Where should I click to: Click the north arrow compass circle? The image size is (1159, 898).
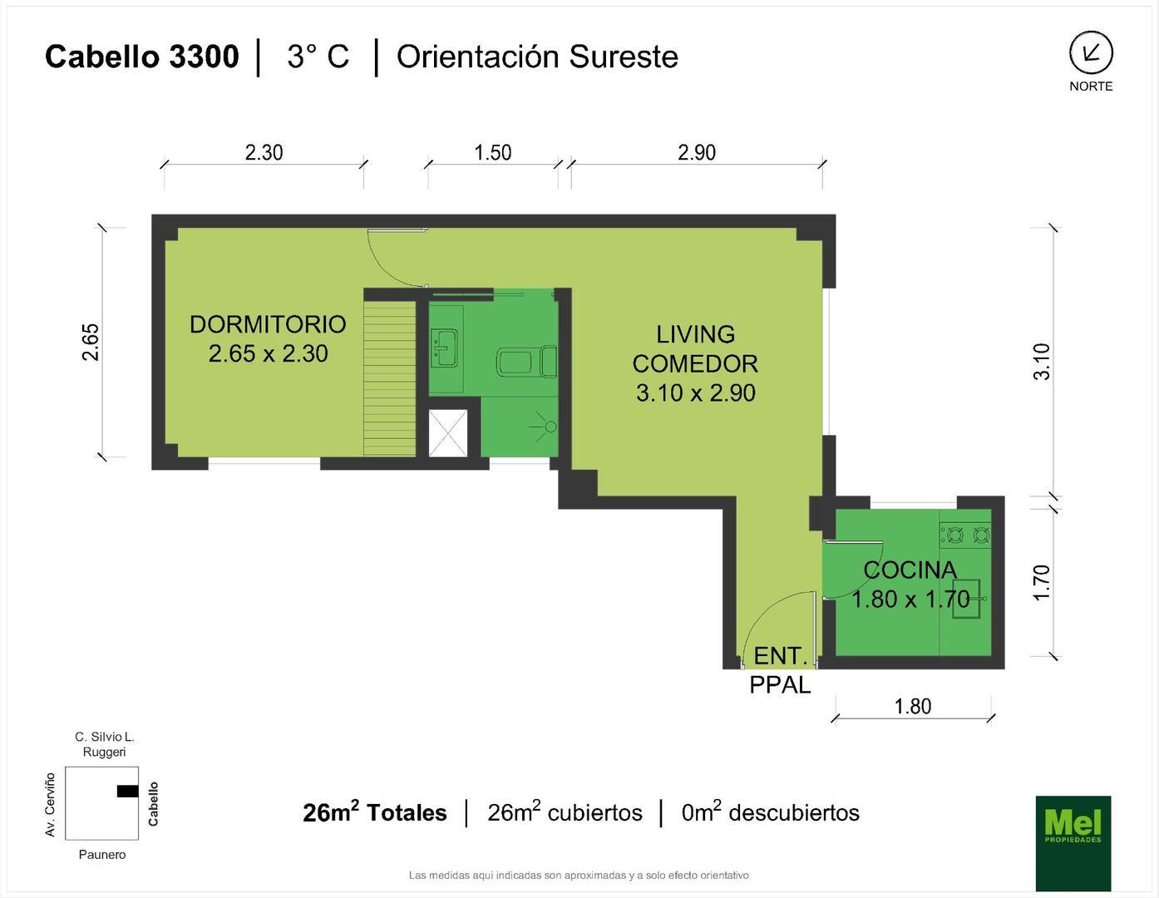[1091, 52]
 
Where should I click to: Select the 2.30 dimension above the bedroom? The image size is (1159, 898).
[264, 153]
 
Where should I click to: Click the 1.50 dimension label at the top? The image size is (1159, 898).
[493, 153]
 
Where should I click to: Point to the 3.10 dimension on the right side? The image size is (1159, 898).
[1042, 362]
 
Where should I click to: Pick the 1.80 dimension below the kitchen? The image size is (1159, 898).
[913, 707]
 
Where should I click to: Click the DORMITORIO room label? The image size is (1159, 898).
[268, 325]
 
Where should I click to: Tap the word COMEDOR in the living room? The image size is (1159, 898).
[695, 364]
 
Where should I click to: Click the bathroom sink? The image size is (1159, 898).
[444, 348]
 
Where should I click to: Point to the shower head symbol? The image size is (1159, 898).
[544, 427]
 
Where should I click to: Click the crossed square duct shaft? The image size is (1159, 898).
[447, 433]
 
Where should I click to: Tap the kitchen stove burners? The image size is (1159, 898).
[965, 535]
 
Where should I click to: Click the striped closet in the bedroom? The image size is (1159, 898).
[389, 378]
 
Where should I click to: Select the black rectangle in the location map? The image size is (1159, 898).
[127, 792]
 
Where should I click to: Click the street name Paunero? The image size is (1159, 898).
[102, 855]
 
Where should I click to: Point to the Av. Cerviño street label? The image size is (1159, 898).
[50, 804]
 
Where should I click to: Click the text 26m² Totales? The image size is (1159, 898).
[374, 812]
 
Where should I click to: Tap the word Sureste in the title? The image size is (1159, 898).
[624, 57]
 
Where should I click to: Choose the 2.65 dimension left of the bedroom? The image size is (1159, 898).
[91, 343]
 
